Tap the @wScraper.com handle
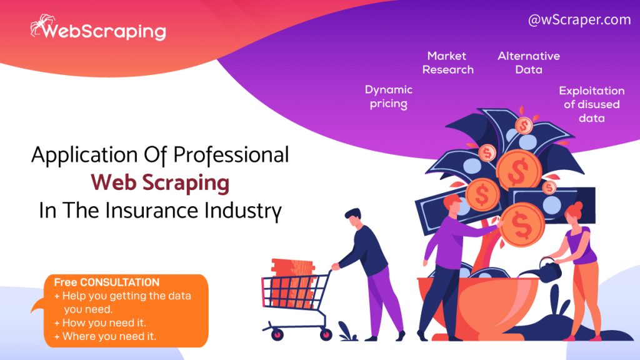click(579, 19)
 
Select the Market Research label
click(447, 63)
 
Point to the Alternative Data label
click(529, 63)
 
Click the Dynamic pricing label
click(389, 97)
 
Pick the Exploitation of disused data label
click(592, 104)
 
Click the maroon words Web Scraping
click(160, 182)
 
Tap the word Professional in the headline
click(231, 156)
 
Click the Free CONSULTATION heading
click(106, 282)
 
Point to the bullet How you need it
click(100, 323)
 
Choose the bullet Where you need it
click(105, 336)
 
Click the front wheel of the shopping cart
click(326, 334)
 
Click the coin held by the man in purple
click(522, 224)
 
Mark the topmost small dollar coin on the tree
click(523, 125)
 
